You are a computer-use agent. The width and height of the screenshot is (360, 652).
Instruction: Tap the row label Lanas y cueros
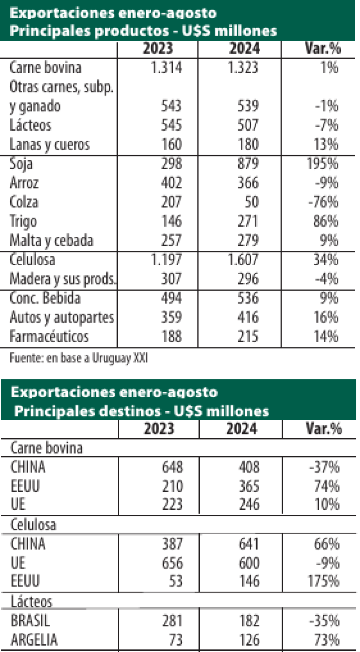[50, 145]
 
